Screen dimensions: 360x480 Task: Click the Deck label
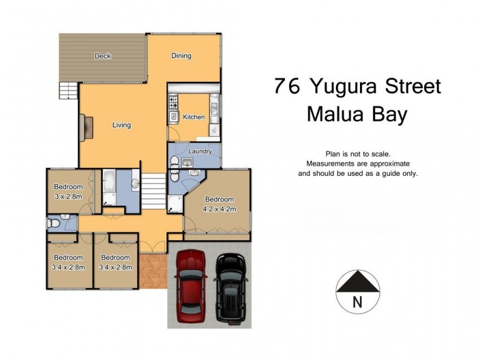pos(103,56)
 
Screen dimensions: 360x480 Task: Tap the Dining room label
pos(181,56)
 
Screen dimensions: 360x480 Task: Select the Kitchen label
pos(194,117)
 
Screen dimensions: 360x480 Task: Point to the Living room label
pos(121,125)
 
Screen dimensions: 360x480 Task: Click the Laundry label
pos(200,152)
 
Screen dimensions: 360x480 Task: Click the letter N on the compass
pos(358,302)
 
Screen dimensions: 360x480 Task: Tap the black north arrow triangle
pos(358,281)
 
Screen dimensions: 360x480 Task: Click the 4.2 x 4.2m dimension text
pos(220,209)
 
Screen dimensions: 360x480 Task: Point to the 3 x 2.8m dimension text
pos(68,196)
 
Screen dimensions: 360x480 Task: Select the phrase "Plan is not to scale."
pos(358,154)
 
